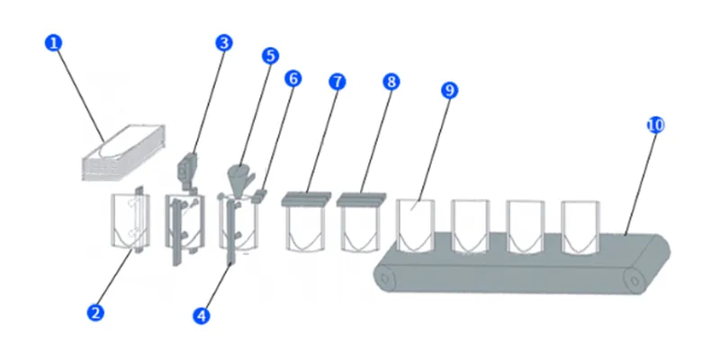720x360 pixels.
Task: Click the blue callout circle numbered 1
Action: click(x=53, y=43)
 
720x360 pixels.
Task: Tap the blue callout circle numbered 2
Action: click(x=95, y=313)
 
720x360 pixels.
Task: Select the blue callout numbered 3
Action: click(x=224, y=43)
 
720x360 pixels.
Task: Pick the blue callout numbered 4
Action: click(x=201, y=316)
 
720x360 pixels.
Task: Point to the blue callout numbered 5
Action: click(x=270, y=56)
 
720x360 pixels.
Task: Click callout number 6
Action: click(x=293, y=78)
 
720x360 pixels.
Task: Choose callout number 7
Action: click(x=337, y=82)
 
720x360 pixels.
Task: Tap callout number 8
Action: click(x=391, y=82)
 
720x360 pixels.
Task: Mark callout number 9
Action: click(x=449, y=91)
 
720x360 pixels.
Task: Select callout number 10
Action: click(x=656, y=125)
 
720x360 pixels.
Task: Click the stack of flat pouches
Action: click(x=123, y=152)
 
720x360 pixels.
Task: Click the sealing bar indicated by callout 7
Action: click(x=306, y=199)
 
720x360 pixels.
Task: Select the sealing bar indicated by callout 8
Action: click(x=361, y=199)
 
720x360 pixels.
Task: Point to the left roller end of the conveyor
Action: click(x=386, y=278)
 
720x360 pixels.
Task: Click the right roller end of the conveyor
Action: click(x=635, y=280)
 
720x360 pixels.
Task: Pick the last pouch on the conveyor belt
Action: click(x=580, y=227)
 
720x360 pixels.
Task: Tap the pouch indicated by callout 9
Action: click(x=415, y=226)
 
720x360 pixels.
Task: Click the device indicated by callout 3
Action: click(x=186, y=169)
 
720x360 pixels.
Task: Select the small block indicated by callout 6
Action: click(x=259, y=196)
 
